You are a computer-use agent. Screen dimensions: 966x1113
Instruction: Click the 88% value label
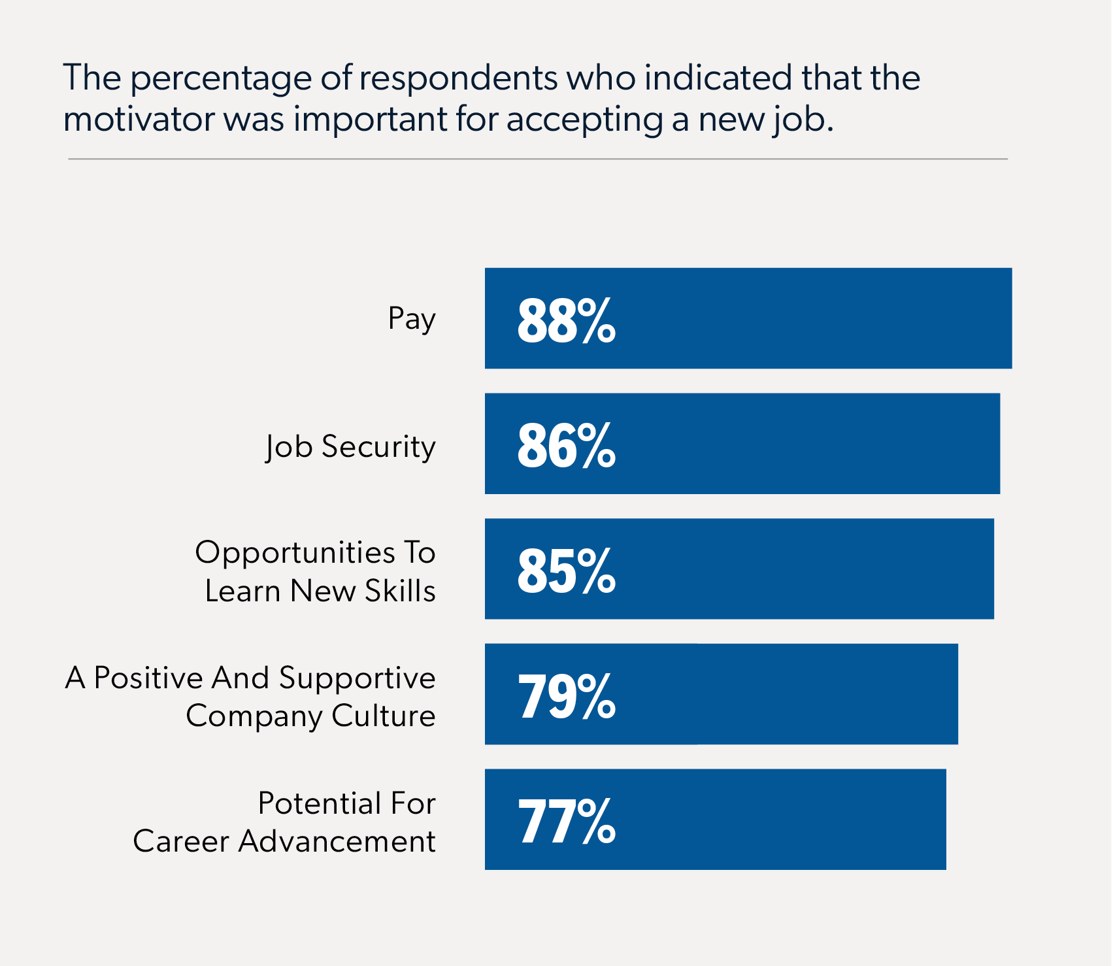[x=566, y=320]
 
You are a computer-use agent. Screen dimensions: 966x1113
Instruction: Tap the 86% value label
[x=566, y=446]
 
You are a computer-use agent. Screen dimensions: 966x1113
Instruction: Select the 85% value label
[x=566, y=571]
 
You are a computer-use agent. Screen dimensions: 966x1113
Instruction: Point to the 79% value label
[x=566, y=696]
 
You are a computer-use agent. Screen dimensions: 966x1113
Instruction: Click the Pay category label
[x=411, y=320]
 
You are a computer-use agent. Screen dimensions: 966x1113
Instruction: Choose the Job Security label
[x=350, y=447]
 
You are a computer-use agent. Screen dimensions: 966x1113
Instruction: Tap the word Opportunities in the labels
[x=295, y=554]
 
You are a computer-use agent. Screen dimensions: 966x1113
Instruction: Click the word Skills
[x=400, y=591]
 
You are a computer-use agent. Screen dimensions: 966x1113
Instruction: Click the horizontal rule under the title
[x=537, y=159]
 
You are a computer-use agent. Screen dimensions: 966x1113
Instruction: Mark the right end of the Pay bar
[x=1010, y=318]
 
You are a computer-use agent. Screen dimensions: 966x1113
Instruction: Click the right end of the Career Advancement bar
[x=944, y=820]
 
